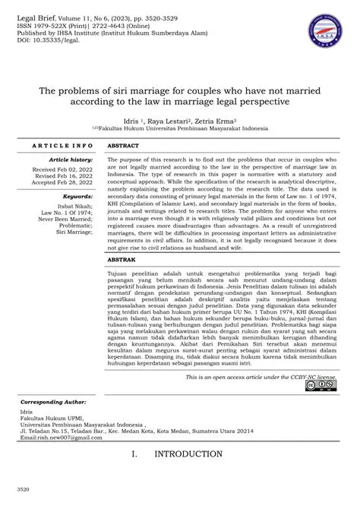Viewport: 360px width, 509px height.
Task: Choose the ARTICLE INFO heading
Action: [x=64, y=144]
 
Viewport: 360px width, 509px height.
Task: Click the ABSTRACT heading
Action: [x=123, y=144]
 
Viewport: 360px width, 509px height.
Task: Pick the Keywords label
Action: [x=77, y=196]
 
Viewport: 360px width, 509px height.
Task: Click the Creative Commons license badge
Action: [x=320, y=386]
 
